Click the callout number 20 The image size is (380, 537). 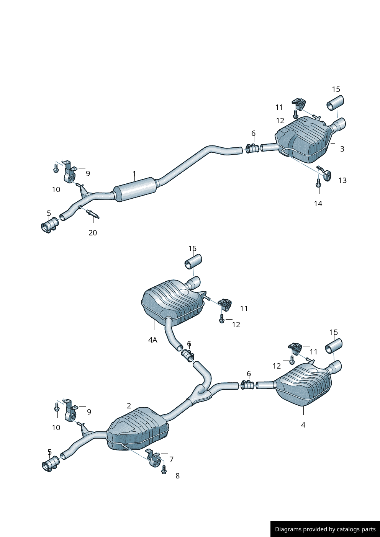[93, 233]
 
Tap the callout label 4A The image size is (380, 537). [152, 340]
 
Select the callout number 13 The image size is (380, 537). [342, 180]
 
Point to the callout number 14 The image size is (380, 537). [318, 204]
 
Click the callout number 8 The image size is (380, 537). [177, 476]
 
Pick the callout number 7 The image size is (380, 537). [171, 459]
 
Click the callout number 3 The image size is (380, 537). [342, 149]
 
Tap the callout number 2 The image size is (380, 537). [129, 406]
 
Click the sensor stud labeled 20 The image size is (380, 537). [92, 214]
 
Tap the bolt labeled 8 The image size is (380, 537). [164, 470]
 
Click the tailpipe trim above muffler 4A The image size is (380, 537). [193, 263]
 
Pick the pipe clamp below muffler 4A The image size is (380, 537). [188, 355]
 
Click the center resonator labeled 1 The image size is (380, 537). [136, 189]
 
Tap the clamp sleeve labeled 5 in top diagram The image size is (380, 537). [49, 226]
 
